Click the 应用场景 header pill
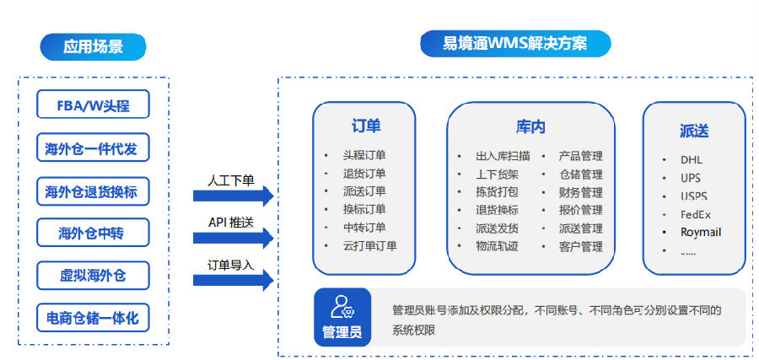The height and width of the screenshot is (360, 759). [93, 46]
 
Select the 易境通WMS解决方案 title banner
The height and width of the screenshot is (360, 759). [515, 42]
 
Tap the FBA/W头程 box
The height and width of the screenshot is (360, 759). [93, 106]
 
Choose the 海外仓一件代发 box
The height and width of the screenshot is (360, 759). [93, 150]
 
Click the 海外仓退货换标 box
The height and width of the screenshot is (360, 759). [93, 192]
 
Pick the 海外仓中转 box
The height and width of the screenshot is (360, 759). [93, 233]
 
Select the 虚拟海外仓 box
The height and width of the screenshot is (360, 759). [93, 275]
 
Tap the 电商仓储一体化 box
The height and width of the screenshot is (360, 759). [93, 318]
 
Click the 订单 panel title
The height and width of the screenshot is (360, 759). [366, 126]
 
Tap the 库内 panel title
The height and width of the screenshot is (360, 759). [530, 127]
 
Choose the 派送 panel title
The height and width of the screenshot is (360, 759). [693, 131]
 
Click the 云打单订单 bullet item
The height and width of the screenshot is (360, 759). [369, 246]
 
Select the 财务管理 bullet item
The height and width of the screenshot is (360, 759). [580, 192]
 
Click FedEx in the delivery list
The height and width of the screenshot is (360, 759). [696, 213]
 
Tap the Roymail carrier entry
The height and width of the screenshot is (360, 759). [701, 232]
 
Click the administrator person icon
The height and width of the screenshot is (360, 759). [342, 305]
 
